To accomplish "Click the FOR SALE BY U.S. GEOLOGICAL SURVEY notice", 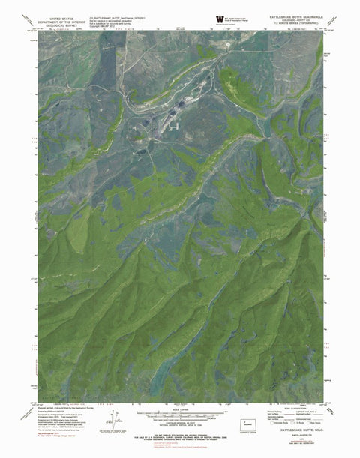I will pos(180,436).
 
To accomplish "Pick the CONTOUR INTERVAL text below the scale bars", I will pos(179,423).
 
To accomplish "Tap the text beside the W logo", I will pos(240,19).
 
